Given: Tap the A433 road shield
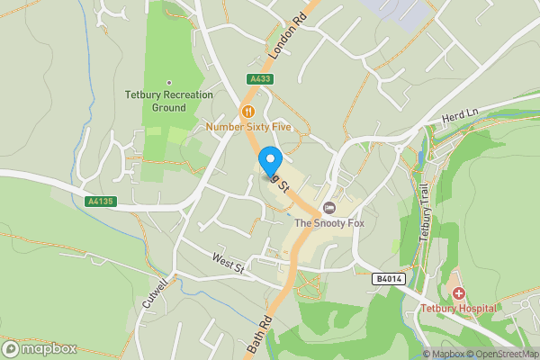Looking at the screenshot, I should pos(260,79).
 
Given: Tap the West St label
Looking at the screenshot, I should pos(228,264).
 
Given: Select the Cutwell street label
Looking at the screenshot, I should pos(155,293).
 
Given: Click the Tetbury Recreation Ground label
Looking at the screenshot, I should pos(169,101).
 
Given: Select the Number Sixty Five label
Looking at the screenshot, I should pos(250,127).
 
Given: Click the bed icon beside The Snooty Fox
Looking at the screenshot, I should pos(328,208).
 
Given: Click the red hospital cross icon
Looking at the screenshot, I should pos(459,293).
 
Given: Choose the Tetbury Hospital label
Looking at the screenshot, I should pos(459,309).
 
